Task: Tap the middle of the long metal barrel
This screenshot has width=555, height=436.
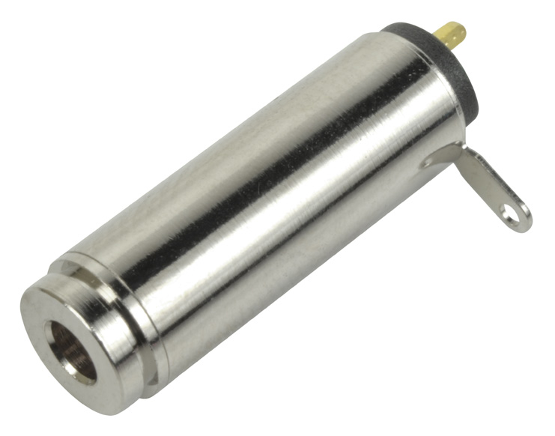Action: click(x=285, y=195)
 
